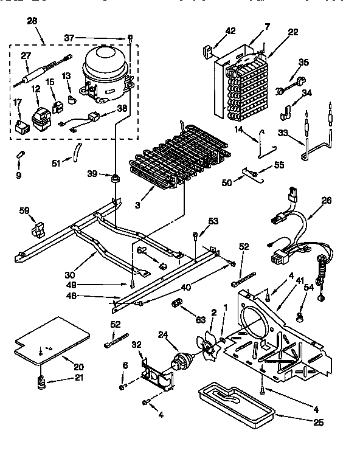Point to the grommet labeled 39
[114, 178]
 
